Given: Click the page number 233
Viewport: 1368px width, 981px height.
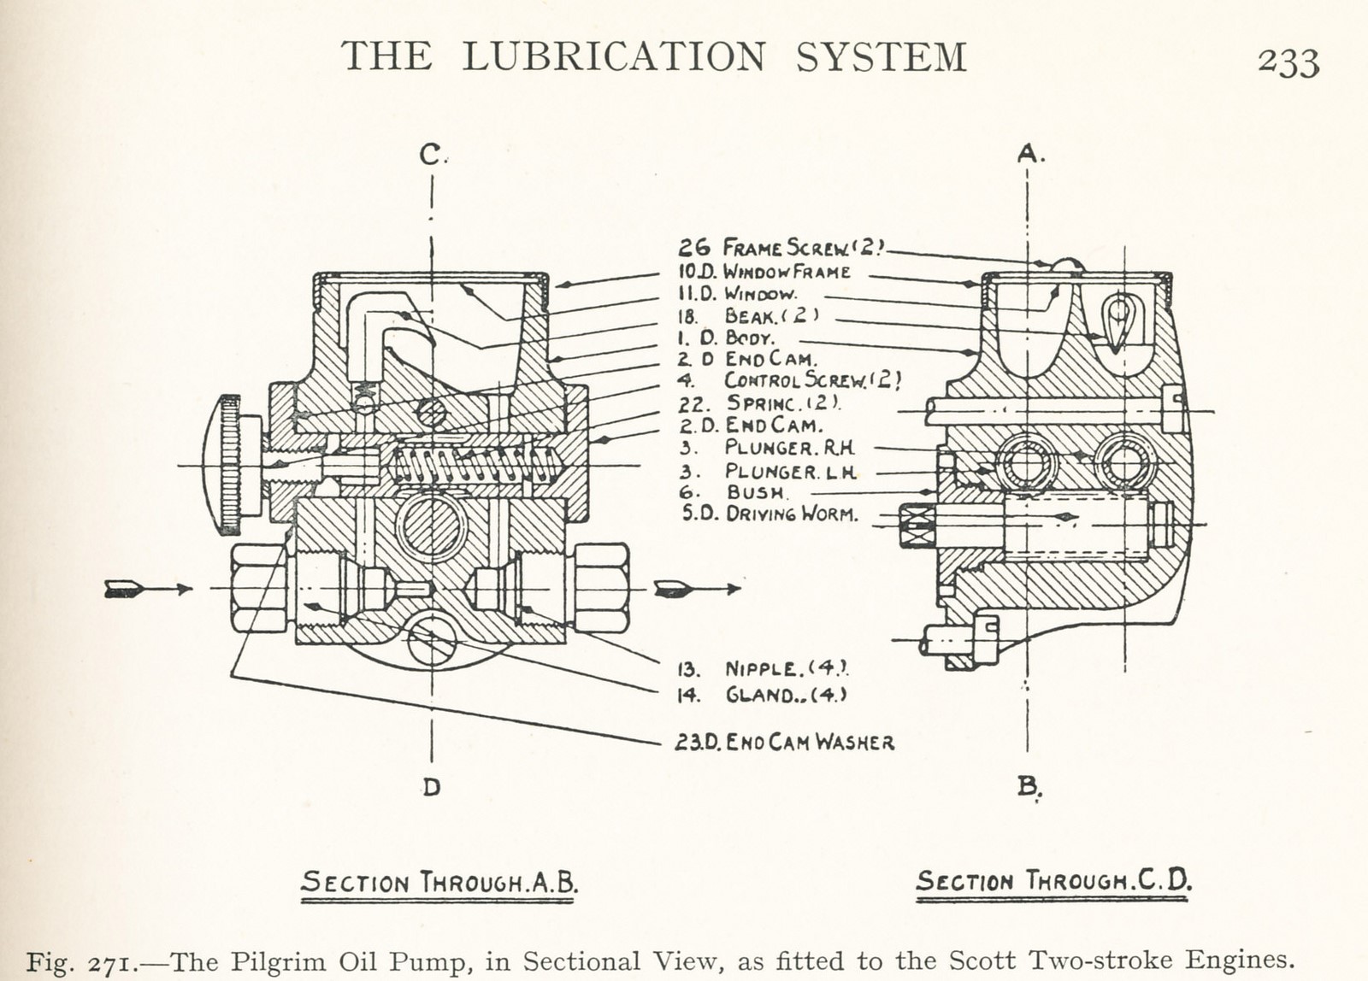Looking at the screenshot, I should point(1288,62).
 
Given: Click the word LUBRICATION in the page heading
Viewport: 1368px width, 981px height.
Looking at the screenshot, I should point(614,57).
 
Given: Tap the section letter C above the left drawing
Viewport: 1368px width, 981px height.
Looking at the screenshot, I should point(430,155).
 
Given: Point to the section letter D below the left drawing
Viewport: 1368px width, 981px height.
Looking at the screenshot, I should point(431,787).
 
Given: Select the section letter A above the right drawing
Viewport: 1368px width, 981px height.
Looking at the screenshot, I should point(1029,154).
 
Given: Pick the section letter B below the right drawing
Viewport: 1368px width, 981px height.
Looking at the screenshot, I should point(1029,785).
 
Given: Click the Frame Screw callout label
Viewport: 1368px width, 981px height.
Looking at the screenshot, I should point(782,248).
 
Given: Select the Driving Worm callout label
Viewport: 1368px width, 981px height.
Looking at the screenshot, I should point(769,514).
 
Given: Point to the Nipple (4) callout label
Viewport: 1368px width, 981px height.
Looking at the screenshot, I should point(764,668).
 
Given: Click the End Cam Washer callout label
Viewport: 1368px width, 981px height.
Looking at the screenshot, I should point(785,742).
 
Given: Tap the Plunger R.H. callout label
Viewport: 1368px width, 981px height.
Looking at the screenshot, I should point(768,447).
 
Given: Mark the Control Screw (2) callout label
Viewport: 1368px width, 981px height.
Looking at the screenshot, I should point(791,380).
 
